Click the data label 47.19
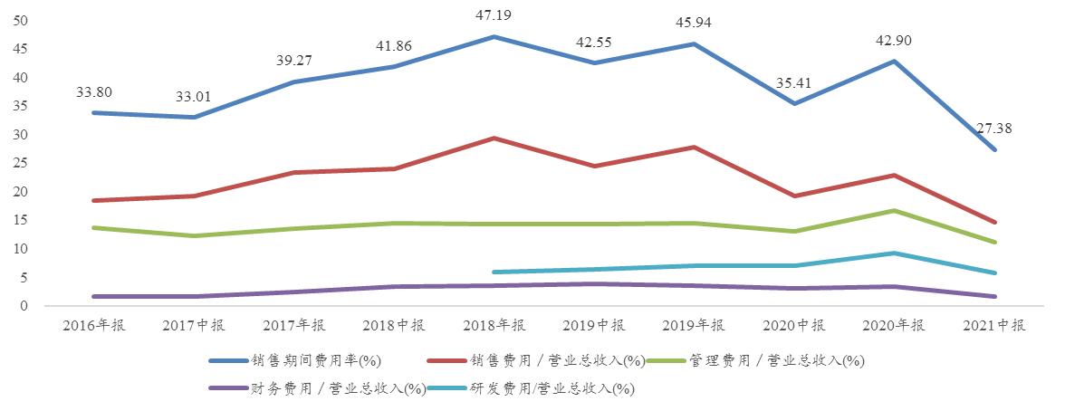coord(494,15)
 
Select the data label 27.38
coord(993,129)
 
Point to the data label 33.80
coord(94,91)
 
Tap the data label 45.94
coord(694,23)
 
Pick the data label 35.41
coord(793,82)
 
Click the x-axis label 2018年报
coord(494,327)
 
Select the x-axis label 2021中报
coord(993,327)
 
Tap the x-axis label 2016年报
coord(94,327)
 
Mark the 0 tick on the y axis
coord(24,307)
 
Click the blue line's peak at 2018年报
coord(494,37)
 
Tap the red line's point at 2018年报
coord(494,139)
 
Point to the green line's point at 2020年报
coord(894,211)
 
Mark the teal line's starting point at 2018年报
coord(494,272)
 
